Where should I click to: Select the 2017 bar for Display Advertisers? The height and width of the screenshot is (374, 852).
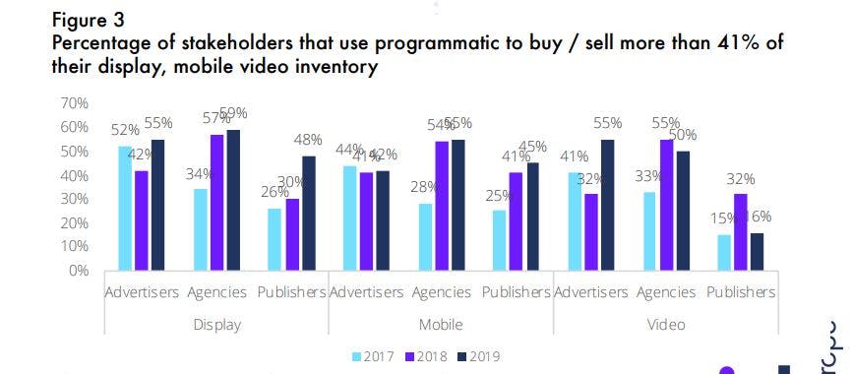[x=125, y=208]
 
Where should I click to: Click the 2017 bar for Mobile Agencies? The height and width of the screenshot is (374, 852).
[x=425, y=236]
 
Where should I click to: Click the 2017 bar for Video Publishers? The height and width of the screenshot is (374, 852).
[x=724, y=252]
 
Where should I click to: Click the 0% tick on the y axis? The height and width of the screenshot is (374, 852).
[x=77, y=271]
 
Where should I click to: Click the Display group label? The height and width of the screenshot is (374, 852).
[x=215, y=324]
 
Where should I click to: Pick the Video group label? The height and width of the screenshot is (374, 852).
[x=665, y=324]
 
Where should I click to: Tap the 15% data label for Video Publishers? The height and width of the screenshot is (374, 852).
[x=723, y=219]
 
